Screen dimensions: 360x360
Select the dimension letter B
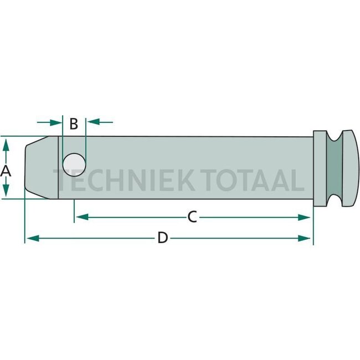(73, 123)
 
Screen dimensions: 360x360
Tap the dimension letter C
(192, 217)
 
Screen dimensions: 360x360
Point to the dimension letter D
(162, 238)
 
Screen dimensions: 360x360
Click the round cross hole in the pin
(74, 165)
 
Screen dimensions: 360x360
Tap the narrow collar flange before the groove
(320, 168)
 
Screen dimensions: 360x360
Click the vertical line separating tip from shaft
(58, 167)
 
